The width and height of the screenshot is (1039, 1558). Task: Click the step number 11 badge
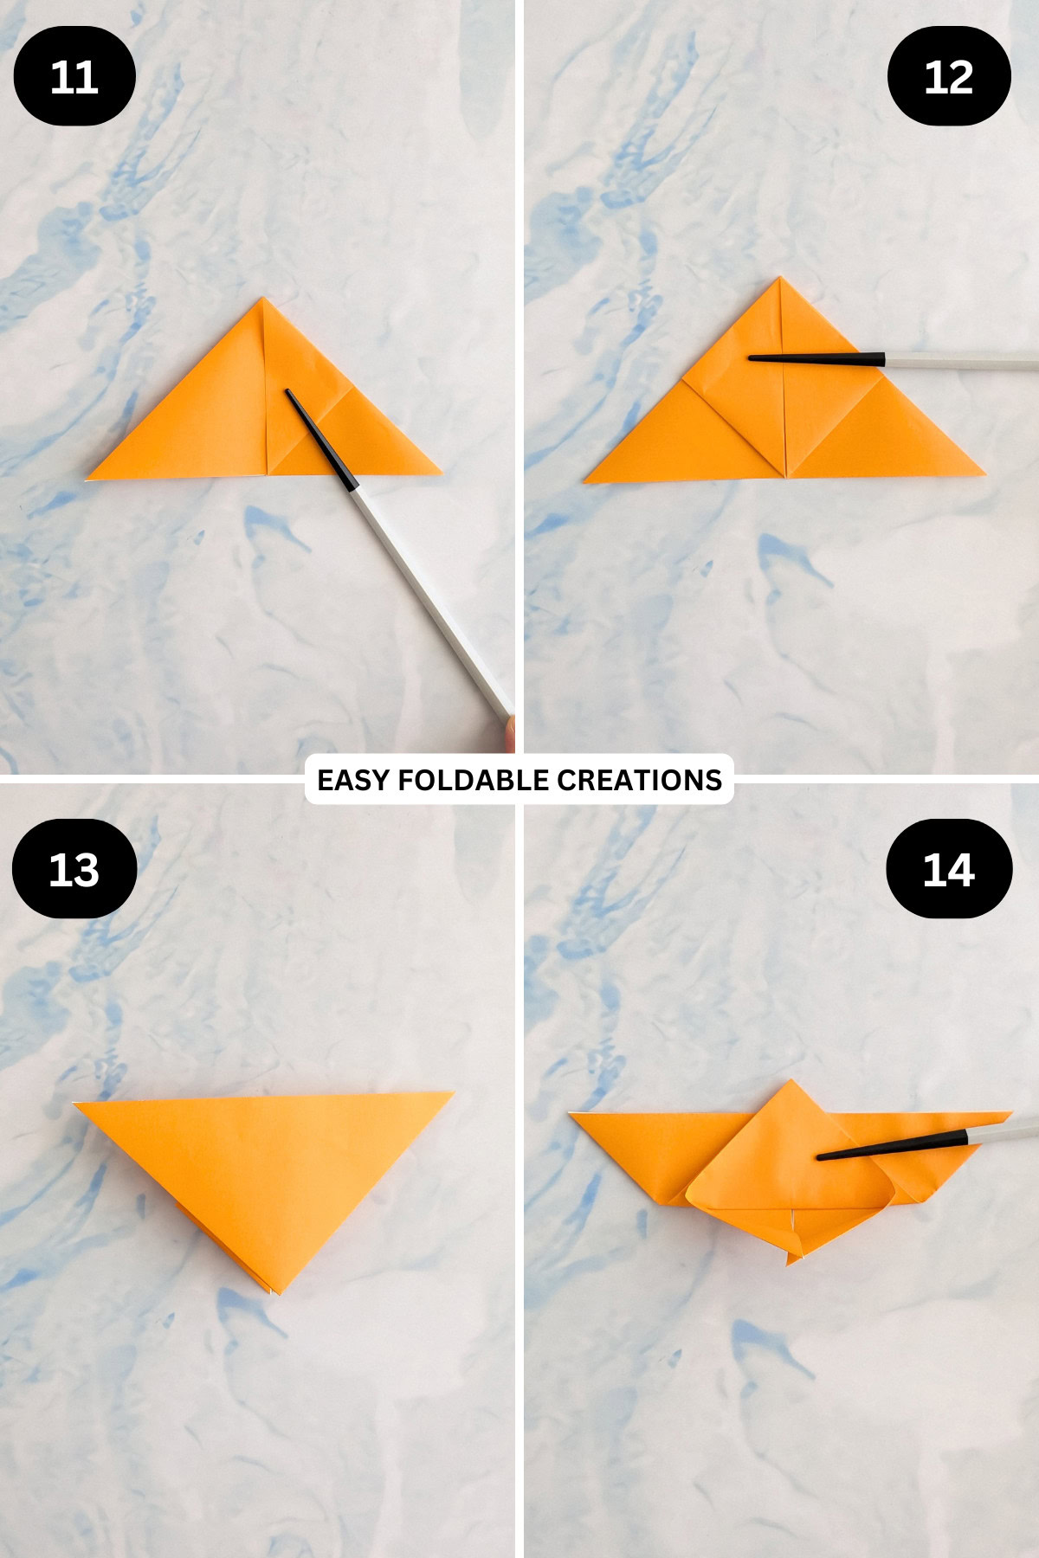click(74, 77)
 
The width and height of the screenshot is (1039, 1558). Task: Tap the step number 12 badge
click(949, 77)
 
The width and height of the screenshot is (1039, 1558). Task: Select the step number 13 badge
click(74, 869)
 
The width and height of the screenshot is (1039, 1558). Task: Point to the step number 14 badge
click(949, 869)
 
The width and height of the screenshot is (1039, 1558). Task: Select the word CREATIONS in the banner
click(639, 781)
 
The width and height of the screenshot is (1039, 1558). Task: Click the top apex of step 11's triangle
click(263, 299)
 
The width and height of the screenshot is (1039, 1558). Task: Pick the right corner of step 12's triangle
click(984, 474)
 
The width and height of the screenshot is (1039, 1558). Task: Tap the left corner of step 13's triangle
click(75, 1104)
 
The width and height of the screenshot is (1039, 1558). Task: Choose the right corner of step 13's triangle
click(452, 1094)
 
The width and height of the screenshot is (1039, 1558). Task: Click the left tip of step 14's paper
click(570, 1116)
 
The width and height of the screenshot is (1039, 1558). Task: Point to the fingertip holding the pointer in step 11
click(508, 731)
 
